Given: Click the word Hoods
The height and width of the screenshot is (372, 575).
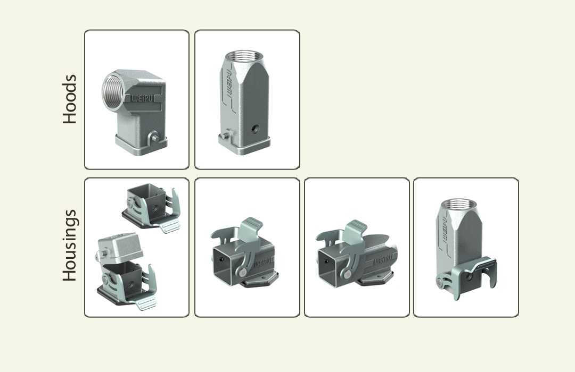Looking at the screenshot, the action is pos(70,99).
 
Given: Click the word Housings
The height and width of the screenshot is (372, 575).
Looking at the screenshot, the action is pos(70,246).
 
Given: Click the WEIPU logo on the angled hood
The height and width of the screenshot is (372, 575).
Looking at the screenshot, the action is pos(143,98).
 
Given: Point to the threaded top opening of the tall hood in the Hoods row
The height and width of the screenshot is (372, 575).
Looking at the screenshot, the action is pos(244,56).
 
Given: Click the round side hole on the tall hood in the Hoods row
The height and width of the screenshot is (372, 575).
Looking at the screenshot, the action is pos(254,129).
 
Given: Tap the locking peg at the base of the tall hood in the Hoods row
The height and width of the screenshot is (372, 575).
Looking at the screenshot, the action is pos(225,134).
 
